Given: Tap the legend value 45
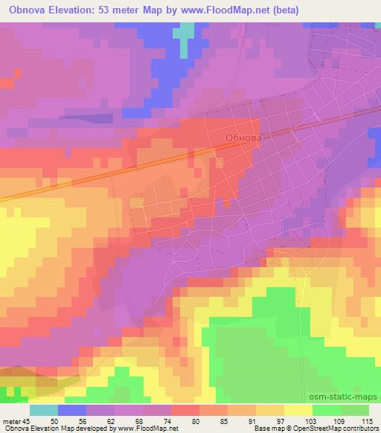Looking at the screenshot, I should click(x=28, y=420).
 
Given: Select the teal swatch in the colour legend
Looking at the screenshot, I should click(x=44, y=410).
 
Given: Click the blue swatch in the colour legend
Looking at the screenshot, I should click(x=72, y=410).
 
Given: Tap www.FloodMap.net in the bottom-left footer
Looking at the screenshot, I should click(x=143, y=429).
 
